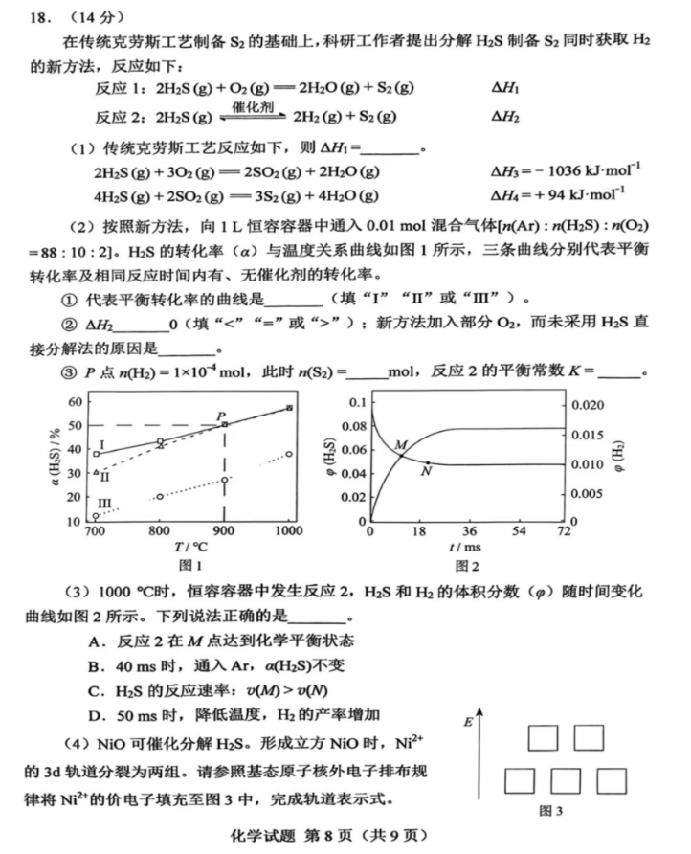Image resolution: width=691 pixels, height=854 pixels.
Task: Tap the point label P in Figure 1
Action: point(220,415)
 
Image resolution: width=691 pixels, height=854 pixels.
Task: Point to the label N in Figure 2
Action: point(426,471)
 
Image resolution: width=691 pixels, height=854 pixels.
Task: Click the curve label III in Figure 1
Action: point(104,503)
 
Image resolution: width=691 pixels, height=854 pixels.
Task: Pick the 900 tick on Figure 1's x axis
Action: point(224,530)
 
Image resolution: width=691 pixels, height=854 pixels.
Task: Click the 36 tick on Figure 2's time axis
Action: point(468,530)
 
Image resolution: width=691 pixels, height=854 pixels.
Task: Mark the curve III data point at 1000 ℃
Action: point(289,454)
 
